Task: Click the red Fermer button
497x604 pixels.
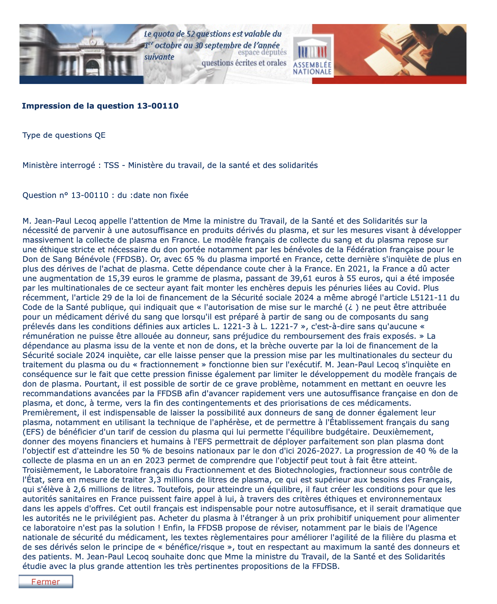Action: pos(45,582)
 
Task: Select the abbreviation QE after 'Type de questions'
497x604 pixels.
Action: pos(100,135)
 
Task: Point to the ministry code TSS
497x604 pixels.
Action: pos(111,165)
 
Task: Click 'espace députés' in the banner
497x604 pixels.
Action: pos(262,53)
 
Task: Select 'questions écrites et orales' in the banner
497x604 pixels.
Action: pos(244,63)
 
